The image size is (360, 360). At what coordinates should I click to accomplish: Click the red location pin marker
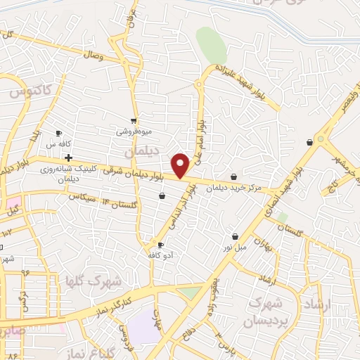pyautogui.click(x=181, y=165)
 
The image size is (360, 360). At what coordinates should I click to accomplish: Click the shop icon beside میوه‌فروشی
pyautogui.click(x=134, y=121)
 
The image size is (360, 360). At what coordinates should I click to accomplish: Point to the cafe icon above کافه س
pyautogui.click(x=58, y=133)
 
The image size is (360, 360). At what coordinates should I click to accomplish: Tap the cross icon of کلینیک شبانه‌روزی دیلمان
pyautogui.click(x=67, y=157)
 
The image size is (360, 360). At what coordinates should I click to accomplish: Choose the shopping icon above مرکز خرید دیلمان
pyautogui.click(x=234, y=176)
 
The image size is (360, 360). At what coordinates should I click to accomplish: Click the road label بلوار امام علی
pyautogui.click(x=201, y=140)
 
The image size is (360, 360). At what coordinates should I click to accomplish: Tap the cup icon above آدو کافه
pyautogui.click(x=161, y=245)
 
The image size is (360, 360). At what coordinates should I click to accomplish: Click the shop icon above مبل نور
pyautogui.click(x=234, y=236)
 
